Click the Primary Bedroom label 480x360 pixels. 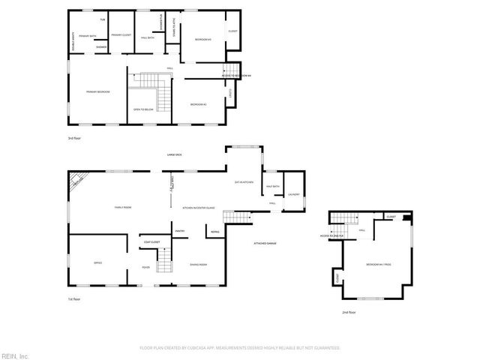pos(98,91)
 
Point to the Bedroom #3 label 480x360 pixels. pos(202,39)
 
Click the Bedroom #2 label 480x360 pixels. pos(198,103)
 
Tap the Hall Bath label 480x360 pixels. pos(147,37)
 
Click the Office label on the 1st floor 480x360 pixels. pos(97,262)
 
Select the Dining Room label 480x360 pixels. pos(198,265)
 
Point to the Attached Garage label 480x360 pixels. pos(265,244)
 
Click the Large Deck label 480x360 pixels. pos(175,154)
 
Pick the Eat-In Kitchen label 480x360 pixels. pos(244,182)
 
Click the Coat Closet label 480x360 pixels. pos(151,242)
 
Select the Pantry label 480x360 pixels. pos(180,231)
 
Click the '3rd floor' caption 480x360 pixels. pos(73,139)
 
